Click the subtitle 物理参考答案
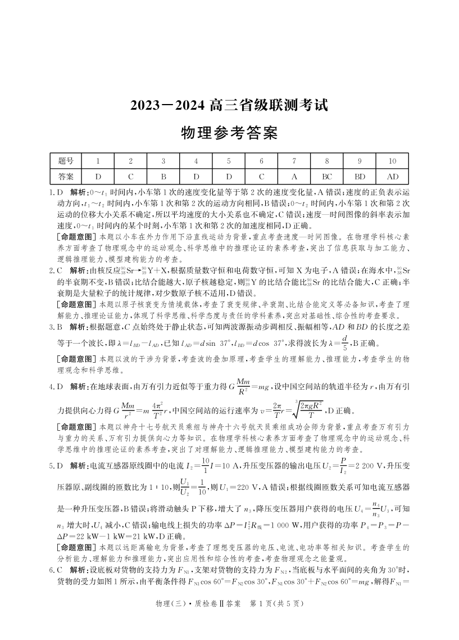(229, 133)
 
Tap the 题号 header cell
(66, 161)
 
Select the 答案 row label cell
(66, 176)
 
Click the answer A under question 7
(294, 176)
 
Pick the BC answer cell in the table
(327, 176)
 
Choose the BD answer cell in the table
(360, 176)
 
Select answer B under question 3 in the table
(163, 176)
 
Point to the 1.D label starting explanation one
(57, 192)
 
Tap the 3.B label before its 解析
(57, 325)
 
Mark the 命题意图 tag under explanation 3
(77, 359)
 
